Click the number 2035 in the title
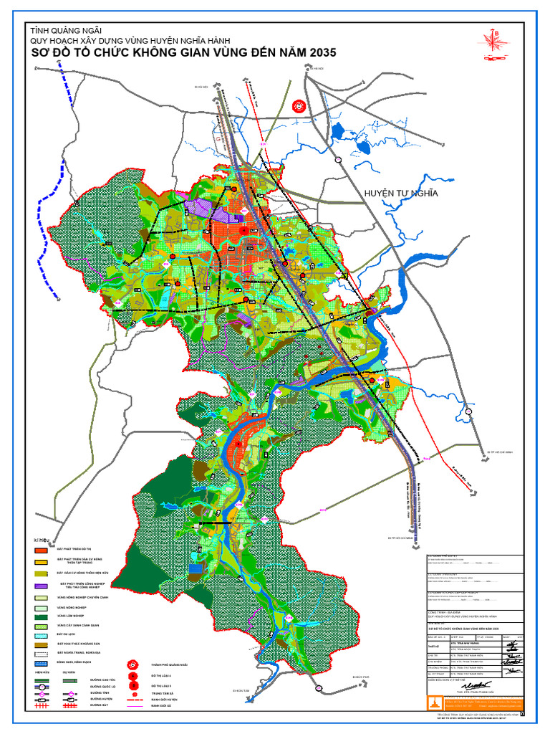point(314,53)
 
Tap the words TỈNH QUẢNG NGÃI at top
point(65,30)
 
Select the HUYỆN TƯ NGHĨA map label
point(400,194)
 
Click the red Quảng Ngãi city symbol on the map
point(299,106)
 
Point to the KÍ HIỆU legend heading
point(42,540)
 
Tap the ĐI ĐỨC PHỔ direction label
point(359,676)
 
